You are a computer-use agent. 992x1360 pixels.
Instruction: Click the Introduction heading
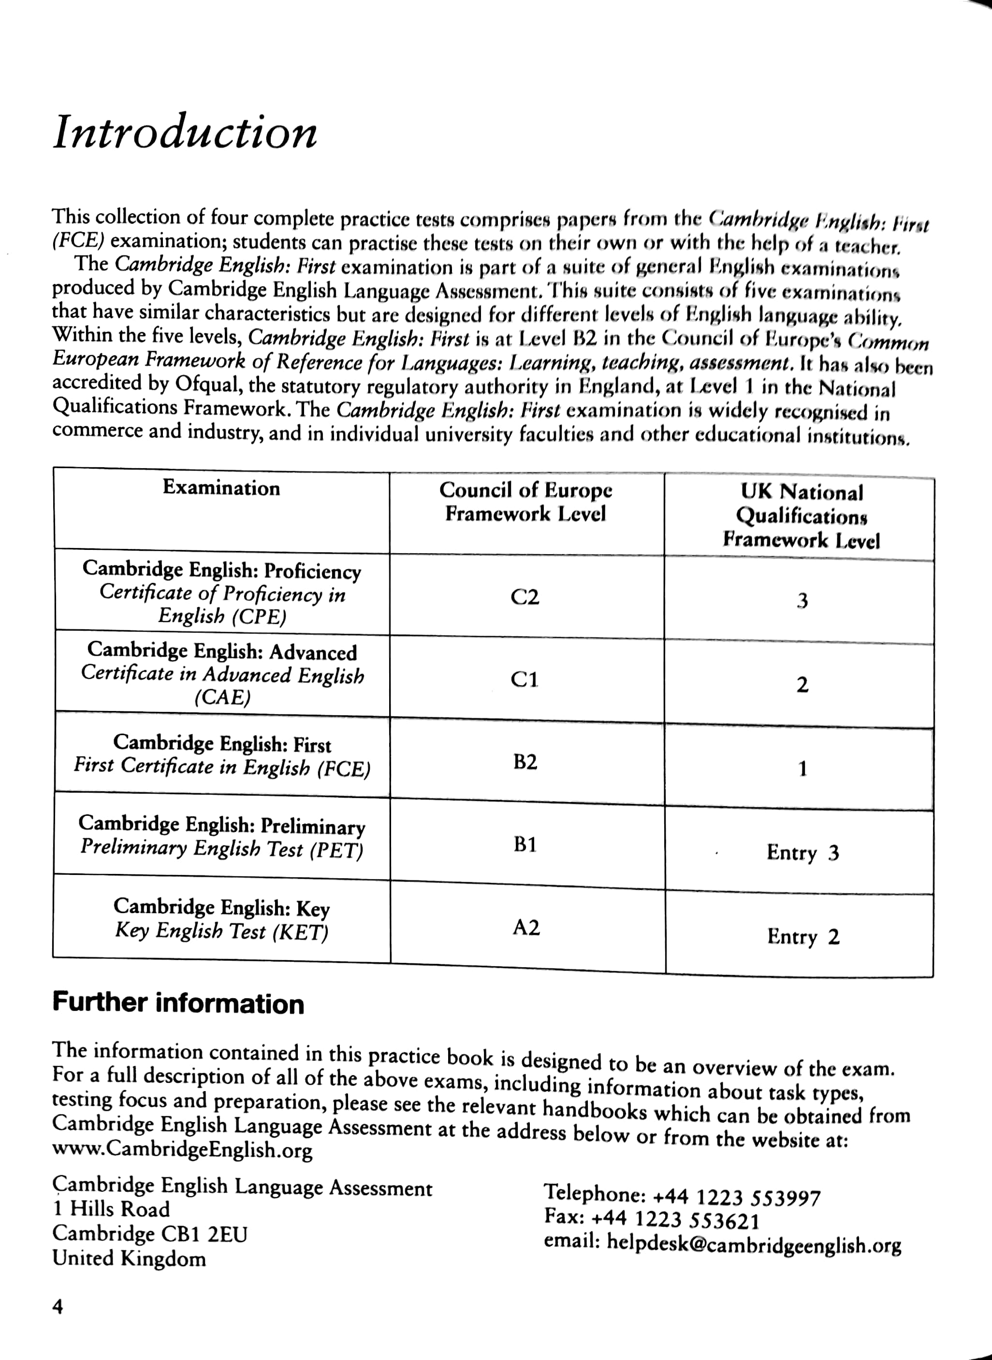(184, 132)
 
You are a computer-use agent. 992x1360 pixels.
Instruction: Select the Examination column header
(221, 488)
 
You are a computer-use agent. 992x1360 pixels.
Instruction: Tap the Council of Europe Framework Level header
(525, 502)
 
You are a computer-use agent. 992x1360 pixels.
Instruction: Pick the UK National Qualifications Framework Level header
(801, 517)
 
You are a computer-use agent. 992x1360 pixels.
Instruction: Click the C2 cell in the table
(525, 597)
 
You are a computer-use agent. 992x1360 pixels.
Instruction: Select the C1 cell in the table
(524, 680)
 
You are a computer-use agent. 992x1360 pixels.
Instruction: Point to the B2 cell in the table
(525, 762)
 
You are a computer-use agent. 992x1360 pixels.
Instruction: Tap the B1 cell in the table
(525, 844)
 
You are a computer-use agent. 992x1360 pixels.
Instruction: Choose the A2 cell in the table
(526, 928)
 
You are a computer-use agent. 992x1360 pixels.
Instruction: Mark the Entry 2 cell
(803, 936)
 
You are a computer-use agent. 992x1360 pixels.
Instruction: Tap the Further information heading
(178, 1004)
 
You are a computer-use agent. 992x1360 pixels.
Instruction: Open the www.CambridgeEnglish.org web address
(183, 1151)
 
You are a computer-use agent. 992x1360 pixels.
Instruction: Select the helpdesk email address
(754, 1244)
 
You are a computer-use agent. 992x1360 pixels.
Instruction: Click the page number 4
(58, 1307)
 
